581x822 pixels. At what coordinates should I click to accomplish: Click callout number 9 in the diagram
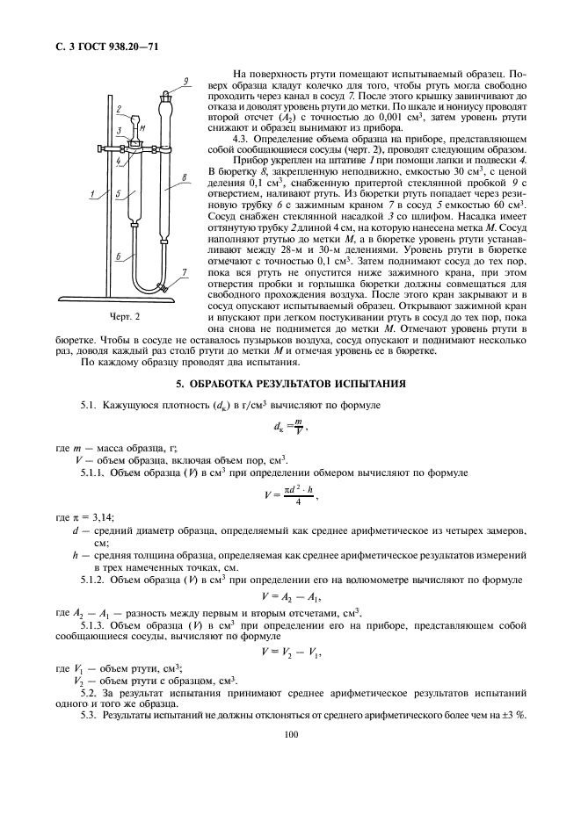coord(186,82)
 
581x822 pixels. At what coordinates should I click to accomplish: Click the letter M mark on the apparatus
coord(142,126)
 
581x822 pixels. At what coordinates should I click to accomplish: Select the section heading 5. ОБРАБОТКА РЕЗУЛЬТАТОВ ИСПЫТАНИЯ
coord(290,384)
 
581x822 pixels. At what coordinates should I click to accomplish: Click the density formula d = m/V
coord(289,427)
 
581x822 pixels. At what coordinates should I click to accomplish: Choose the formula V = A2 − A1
coord(289,595)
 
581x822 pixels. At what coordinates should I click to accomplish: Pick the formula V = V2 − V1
coord(289,651)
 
